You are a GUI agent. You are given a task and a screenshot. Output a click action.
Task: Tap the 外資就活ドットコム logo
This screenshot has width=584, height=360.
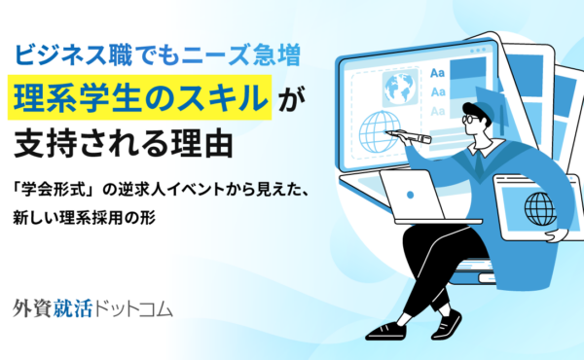93,310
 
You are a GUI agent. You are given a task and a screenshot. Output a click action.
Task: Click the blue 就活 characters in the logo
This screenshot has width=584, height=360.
74,310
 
